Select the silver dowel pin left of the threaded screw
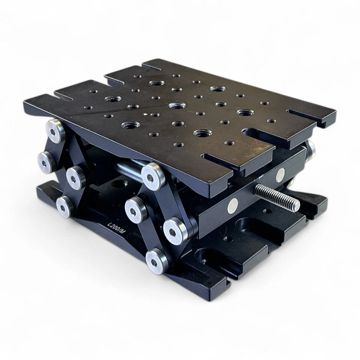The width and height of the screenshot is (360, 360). coord(233,205)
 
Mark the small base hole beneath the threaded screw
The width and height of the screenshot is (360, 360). coord(267,212)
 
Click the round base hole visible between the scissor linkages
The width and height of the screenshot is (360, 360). coord(121,185)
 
